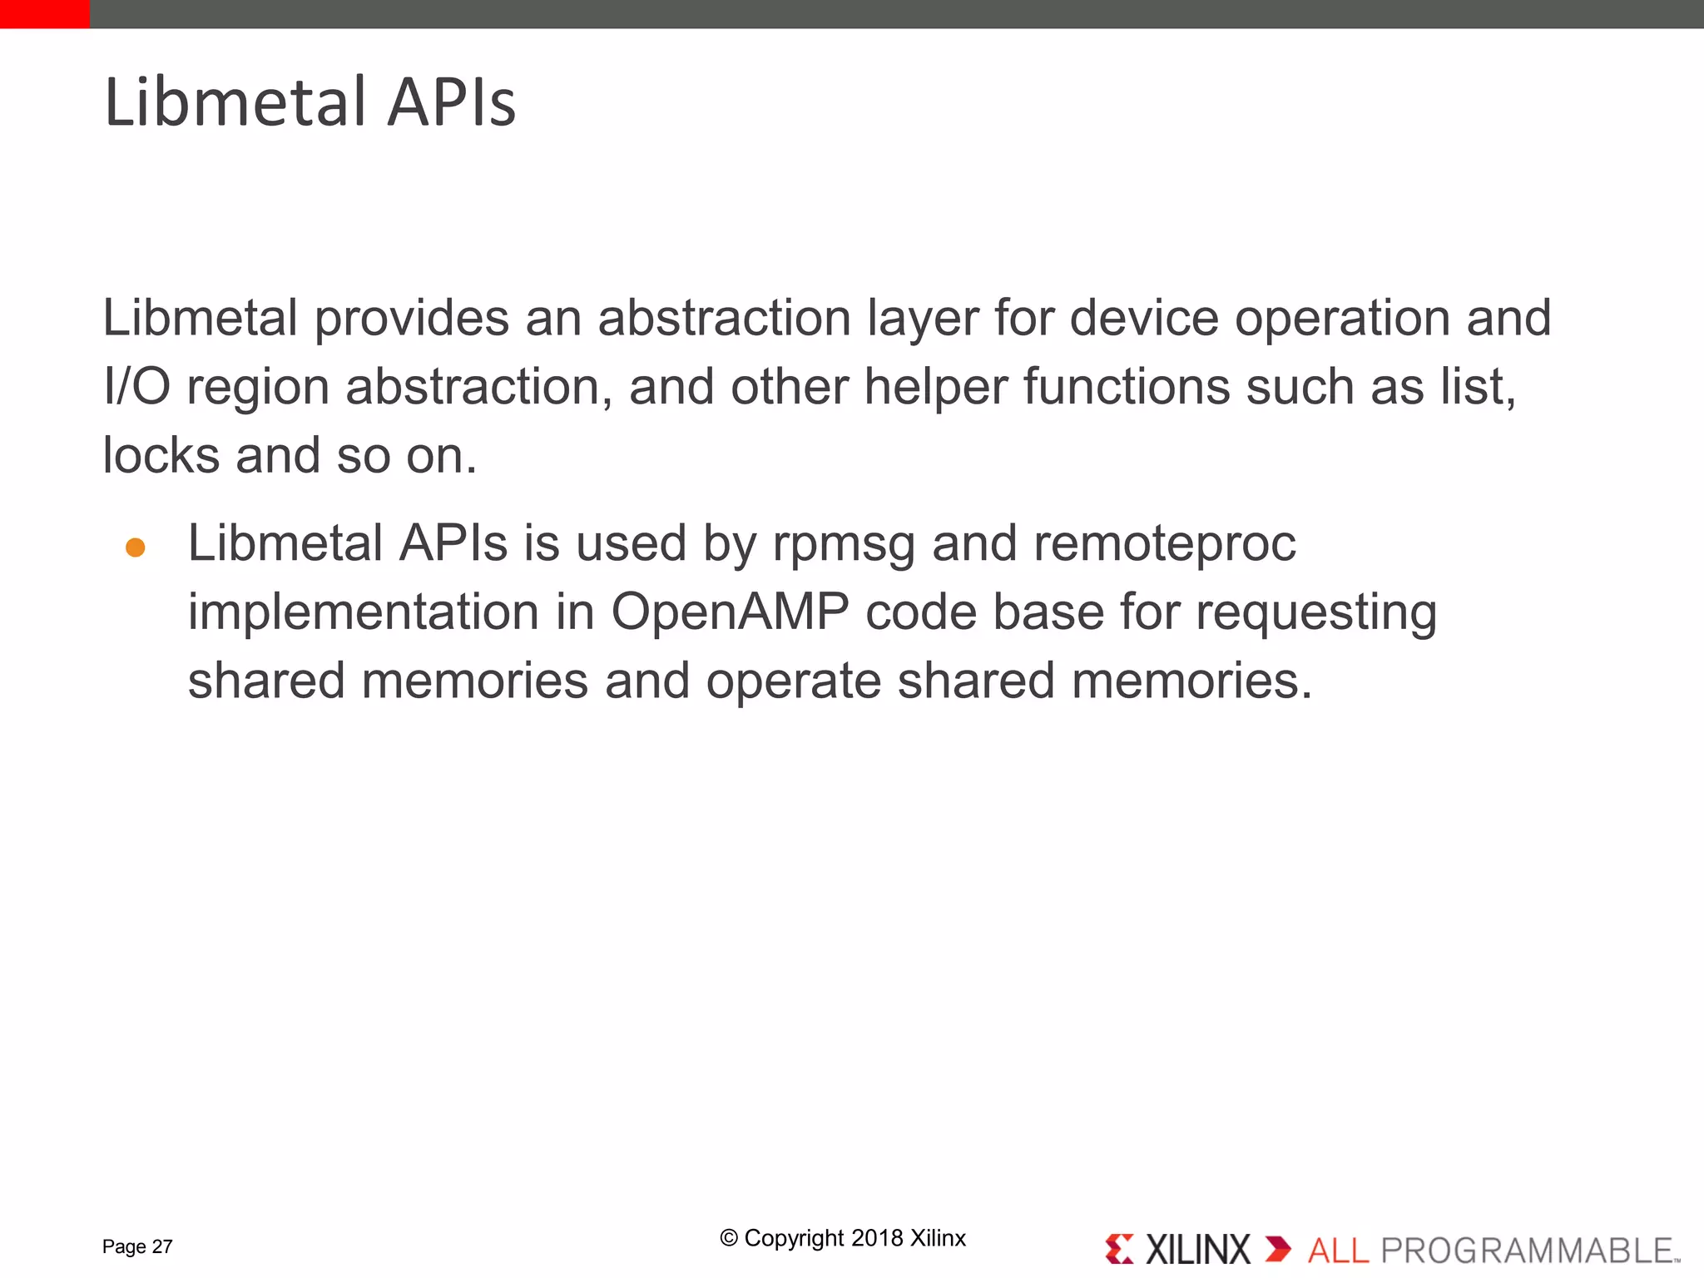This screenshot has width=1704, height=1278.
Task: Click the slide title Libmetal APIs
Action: (x=310, y=102)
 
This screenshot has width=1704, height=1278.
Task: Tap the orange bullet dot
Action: (x=136, y=547)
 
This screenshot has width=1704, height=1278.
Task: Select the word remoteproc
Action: (x=1164, y=544)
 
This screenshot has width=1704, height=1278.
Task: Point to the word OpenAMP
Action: (x=730, y=612)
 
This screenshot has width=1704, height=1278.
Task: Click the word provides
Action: (x=411, y=319)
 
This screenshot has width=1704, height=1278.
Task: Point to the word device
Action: (x=1143, y=319)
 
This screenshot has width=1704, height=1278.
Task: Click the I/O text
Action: (x=136, y=387)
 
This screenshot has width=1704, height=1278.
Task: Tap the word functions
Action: (x=1126, y=387)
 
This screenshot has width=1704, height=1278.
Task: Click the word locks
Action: (x=161, y=456)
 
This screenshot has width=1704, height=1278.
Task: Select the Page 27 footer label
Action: (x=137, y=1246)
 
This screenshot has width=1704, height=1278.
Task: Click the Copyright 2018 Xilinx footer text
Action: (x=843, y=1238)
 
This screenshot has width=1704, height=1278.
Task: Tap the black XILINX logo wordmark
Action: (x=1197, y=1250)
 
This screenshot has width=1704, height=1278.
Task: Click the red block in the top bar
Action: (x=44, y=14)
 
